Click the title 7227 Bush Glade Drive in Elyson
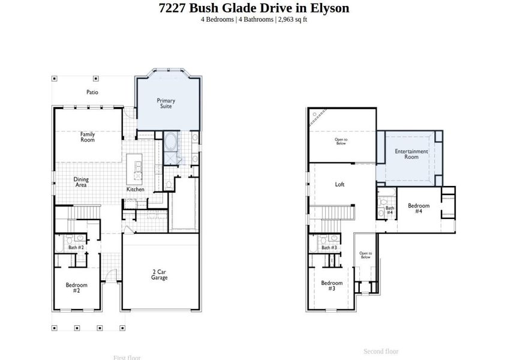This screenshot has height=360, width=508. point(254,8)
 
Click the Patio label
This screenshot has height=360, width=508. point(92,92)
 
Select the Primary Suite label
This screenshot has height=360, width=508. point(166,103)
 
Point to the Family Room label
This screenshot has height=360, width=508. point(88,137)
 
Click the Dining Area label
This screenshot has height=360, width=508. point(81,182)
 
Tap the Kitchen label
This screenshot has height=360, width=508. point(135,190)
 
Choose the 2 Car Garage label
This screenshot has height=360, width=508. point(159,275)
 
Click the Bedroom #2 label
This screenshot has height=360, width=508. point(76,287)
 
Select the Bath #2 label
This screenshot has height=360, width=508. point(76,247)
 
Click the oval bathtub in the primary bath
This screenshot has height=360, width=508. point(170,143)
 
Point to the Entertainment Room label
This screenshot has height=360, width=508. point(411,154)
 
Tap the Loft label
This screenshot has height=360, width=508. point(339,185)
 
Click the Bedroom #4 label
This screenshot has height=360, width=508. point(419,208)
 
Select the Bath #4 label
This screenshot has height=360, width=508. point(389,210)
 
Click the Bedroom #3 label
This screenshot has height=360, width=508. point(331,286)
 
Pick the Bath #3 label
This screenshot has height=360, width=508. point(329,247)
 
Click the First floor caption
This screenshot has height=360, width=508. point(127,358)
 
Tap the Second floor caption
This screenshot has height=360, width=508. point(381,351)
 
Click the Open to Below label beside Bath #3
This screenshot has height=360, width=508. point(365,255)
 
